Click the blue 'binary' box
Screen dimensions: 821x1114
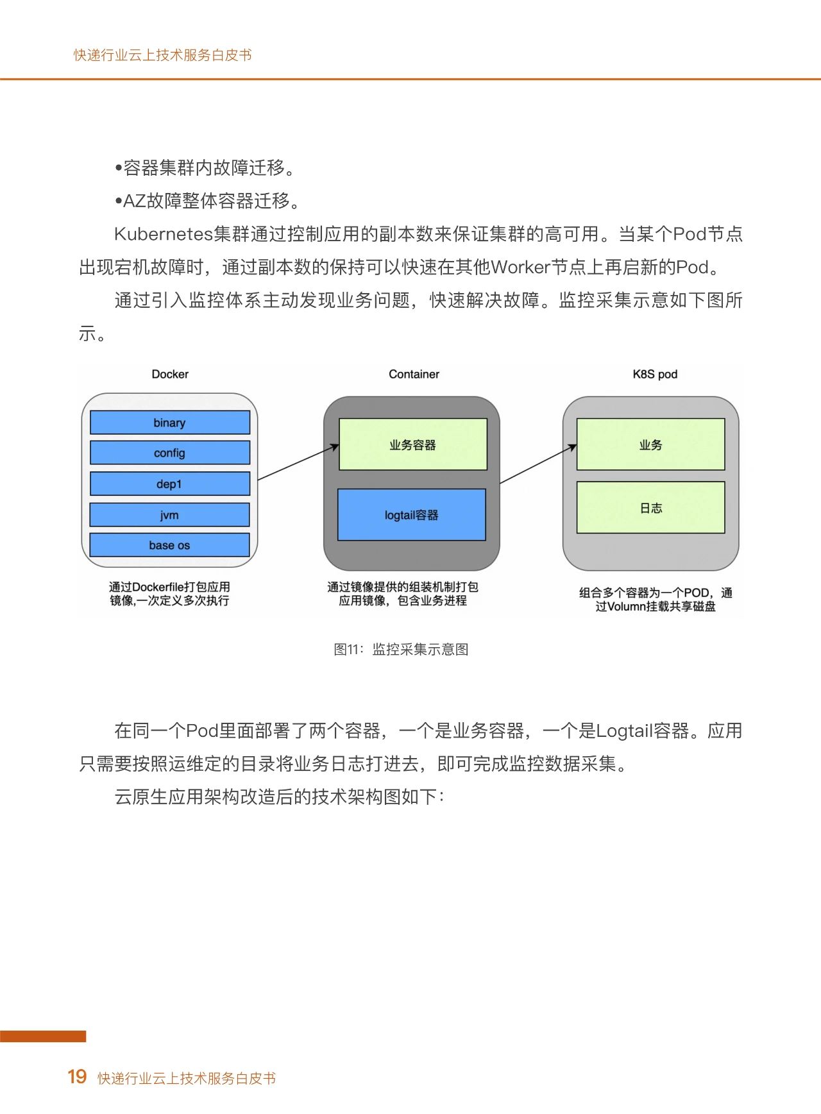pos(170,423)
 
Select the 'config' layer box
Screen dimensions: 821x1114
pos(170,453)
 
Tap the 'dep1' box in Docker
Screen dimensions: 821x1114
pos(170,484)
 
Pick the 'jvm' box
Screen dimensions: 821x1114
pos(170,514)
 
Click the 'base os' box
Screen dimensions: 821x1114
pos(170,545)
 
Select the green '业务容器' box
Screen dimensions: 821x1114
pos(413,444)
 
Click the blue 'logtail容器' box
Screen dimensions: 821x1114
pos(412,515)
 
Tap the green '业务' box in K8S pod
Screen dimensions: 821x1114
pos(651,444)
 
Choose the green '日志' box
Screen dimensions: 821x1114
pos(651,507)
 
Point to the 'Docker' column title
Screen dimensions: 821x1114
pos(170,374)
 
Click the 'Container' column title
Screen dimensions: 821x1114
pos(414,374)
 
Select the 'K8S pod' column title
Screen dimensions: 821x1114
pos(655,375)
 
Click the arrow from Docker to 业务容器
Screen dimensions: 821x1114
pos(298,462)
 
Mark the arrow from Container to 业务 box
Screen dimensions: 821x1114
pos(538,464)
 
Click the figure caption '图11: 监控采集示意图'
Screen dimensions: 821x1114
pos(401,649)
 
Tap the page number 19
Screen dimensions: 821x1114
pos(77,1077)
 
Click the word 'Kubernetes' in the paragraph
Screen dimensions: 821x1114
pos(164,234)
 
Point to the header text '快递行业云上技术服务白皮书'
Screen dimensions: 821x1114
pos(163,55)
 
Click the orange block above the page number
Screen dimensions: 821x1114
pos(43,1036)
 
